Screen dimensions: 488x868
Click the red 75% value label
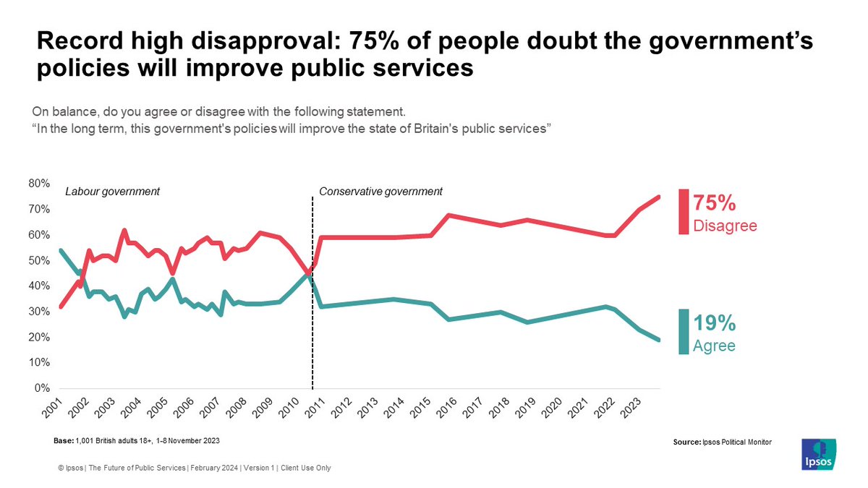[715, 202]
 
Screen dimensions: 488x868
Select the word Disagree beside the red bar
[725, 226]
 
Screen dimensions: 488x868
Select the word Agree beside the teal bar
[714, 346]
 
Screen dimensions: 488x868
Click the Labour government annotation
[112, 192]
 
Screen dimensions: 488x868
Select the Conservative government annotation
[380, 192]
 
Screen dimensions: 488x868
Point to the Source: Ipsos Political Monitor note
[722, 441]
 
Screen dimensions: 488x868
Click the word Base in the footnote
[63, 440]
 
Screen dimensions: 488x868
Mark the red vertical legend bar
[684, 211]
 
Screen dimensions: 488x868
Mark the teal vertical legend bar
[684, 332]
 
